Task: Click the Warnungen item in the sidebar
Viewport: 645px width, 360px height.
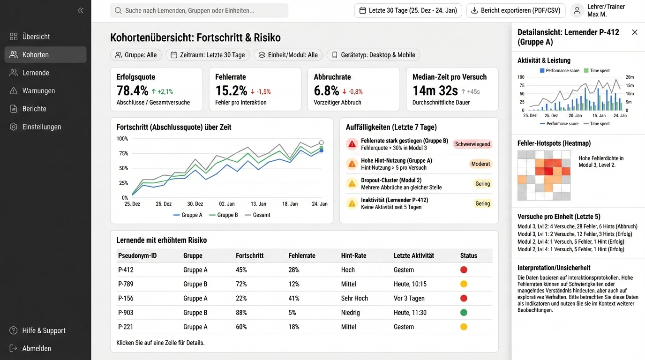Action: point(38,90)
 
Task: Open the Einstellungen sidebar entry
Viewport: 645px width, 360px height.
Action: point(41,127)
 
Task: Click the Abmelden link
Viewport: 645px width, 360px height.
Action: point(37,348)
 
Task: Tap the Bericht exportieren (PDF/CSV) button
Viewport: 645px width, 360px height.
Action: point(516,10)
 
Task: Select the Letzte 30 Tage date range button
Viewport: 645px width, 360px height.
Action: point(408,10)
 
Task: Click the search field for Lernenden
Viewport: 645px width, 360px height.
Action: point(199,10)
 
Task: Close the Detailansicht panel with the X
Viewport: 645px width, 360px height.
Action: point(635,32)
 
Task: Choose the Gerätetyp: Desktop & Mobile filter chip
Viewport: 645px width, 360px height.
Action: point(373,55)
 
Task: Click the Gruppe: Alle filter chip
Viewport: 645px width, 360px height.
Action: point(136,55)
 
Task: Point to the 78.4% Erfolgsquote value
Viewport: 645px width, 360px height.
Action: point(133,90)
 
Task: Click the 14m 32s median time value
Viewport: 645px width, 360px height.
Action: point(435,90)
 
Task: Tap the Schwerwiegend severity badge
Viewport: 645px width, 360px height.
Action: point(472,144)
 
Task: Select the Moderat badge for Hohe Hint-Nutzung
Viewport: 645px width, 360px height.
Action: point(480,164)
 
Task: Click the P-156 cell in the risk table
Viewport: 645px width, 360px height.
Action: point(126,298)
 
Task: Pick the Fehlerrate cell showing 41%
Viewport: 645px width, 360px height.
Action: point(294,298)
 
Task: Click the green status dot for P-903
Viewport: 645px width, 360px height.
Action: point(464,313)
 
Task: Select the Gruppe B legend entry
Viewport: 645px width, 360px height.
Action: point(224,215)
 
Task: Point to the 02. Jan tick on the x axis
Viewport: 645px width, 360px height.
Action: point(227,204)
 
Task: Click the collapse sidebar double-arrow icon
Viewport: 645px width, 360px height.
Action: point(81,10)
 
